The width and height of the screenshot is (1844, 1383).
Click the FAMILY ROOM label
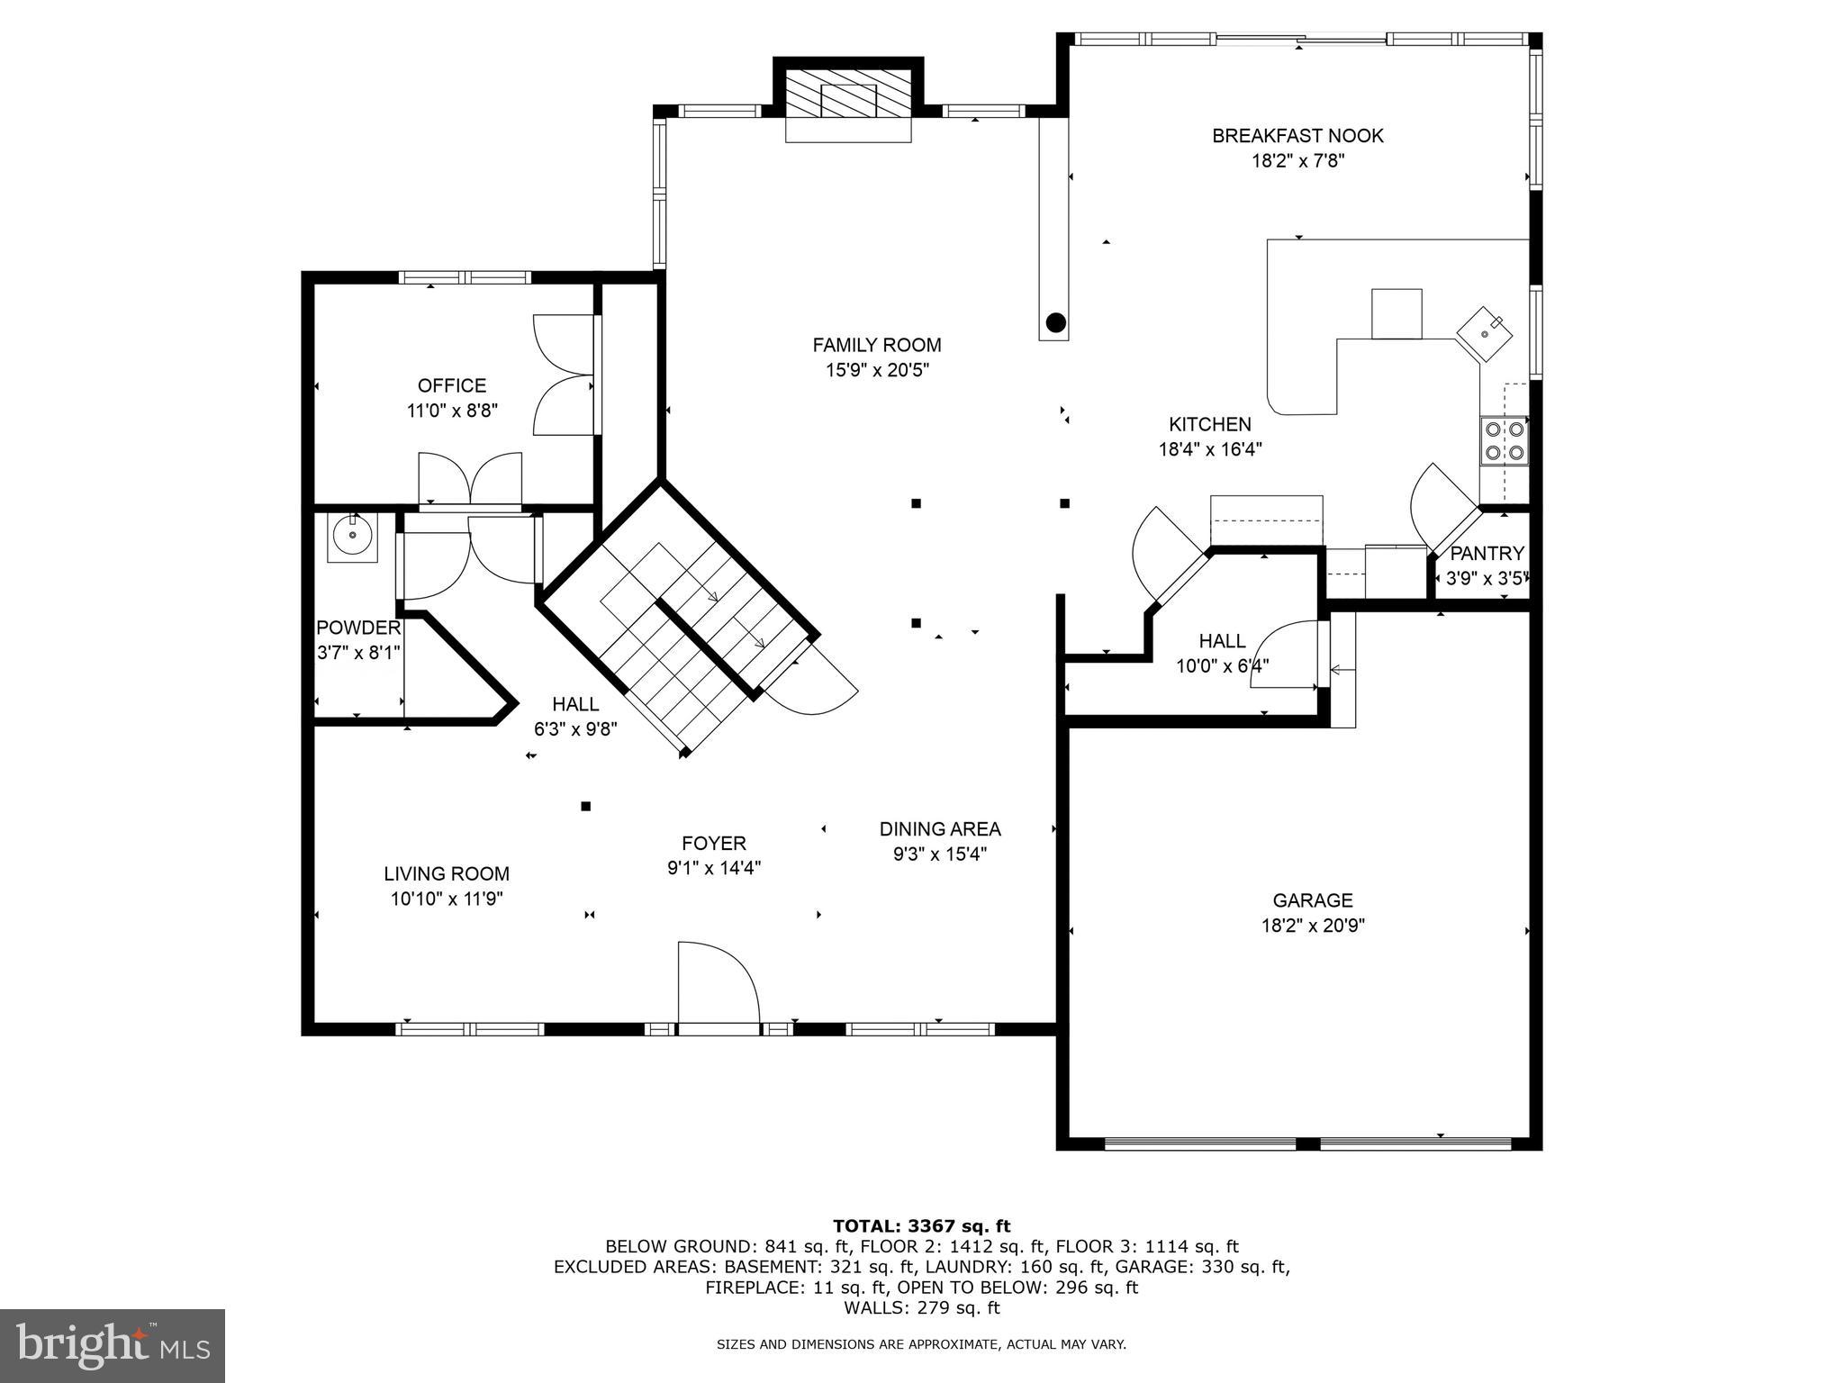pos(877,345)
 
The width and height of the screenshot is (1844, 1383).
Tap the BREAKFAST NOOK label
pos(1297,136)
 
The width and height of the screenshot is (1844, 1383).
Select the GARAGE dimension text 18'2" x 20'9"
pos(1313,926)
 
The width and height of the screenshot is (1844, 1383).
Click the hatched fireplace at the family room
pos(849,93)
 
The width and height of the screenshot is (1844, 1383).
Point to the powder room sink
pos(352,538)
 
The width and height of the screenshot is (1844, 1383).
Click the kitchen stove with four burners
pos(1505,440)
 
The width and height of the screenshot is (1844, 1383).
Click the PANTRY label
pos(1487,553)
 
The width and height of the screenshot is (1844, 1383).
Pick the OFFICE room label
pos(452,385)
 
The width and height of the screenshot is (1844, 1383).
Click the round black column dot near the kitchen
pos(1056,321)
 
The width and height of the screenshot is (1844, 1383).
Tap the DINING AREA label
pos(940,829)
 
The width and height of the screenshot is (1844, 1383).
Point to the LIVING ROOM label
pos(447,873)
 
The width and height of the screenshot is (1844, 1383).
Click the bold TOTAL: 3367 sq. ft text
pos(922,1225)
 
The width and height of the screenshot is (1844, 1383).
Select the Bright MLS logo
pos(112,1346)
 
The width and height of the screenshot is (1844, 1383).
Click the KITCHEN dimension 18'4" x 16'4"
pos(1210,449)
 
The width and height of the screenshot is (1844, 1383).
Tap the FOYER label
pos(714,844)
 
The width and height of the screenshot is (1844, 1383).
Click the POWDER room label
pos(358,628)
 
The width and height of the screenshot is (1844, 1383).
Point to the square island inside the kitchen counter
pos(1397,313)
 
